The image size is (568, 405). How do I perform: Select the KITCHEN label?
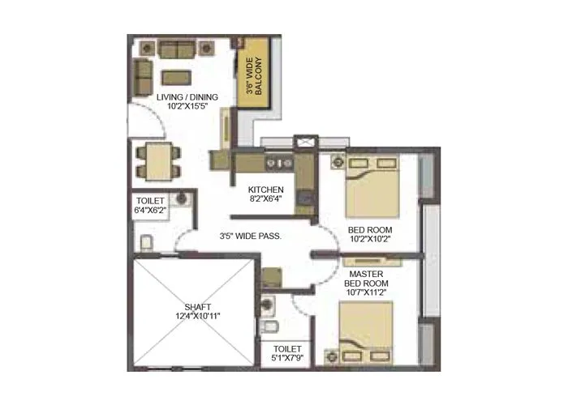[265, 190]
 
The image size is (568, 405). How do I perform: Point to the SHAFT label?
[198, 307]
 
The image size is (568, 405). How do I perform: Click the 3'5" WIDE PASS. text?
[251, 237]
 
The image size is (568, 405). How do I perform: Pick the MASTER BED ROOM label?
[367, 279]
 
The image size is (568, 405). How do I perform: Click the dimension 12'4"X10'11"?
[198, 317]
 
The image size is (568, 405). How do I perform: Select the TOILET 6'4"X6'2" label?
[152, 205]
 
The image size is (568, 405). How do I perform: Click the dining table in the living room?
[154, 160]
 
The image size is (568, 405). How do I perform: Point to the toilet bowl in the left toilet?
[146, 244]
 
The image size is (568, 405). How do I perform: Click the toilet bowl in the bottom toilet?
[274, 327]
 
